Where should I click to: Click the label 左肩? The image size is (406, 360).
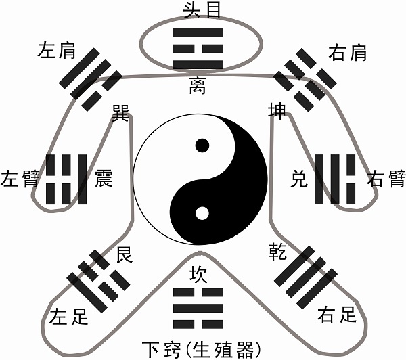pyautogui.click(x=57, y=50)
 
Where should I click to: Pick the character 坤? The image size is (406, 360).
pyautogui.click(x=277, y=110)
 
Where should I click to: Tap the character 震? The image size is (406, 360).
pyautogui.click(x=104, y=179)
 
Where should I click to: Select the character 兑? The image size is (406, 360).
pyautogui.click(x=298, y=180)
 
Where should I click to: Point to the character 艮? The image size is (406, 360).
pyautogui.click(x=125, y=255)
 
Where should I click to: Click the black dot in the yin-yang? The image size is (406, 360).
pyautogui.click(x=202, y=145)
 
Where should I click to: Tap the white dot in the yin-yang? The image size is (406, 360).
pyautogui.click(x=202, y=215)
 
